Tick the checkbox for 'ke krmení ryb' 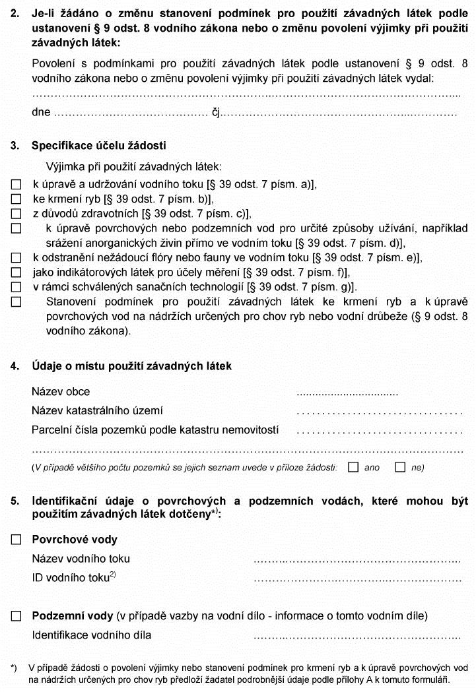tap(17, 199)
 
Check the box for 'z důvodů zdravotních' tap(17, 214)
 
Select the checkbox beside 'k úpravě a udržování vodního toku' tap(17, 184)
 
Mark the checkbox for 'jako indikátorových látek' tap(17, 272)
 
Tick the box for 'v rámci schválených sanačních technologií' tap(17, 286)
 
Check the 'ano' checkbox tap(353, 467)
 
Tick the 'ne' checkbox tap(399, 467)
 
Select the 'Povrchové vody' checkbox tap(17, 540)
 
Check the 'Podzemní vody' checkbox tap(17, 616)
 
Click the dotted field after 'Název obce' tap(347, 393)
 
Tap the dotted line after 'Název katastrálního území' tap(380, 412)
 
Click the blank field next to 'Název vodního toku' tap(357, 560)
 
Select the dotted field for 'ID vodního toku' tap(357, 579)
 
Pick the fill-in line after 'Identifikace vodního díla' tap(357, 637)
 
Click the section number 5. tap(15, 501)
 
